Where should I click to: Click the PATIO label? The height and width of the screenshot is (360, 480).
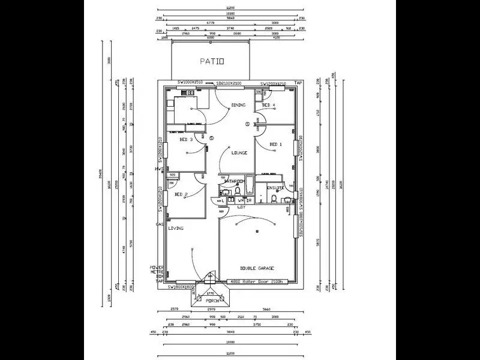212,61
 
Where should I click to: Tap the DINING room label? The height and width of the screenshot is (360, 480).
239,106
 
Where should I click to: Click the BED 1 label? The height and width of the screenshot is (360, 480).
275,145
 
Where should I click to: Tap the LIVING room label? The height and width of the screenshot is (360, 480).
176,229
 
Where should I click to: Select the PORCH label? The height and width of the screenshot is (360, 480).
212,300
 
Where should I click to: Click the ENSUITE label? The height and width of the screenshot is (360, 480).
275,188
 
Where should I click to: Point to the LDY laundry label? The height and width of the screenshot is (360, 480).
241,207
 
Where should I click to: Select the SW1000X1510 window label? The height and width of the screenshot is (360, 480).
191,83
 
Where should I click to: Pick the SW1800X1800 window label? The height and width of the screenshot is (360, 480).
182,287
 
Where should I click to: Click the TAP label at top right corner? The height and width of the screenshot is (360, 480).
298,83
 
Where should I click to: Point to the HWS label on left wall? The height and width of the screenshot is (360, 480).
157,170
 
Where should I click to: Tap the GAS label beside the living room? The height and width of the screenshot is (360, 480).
160,224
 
